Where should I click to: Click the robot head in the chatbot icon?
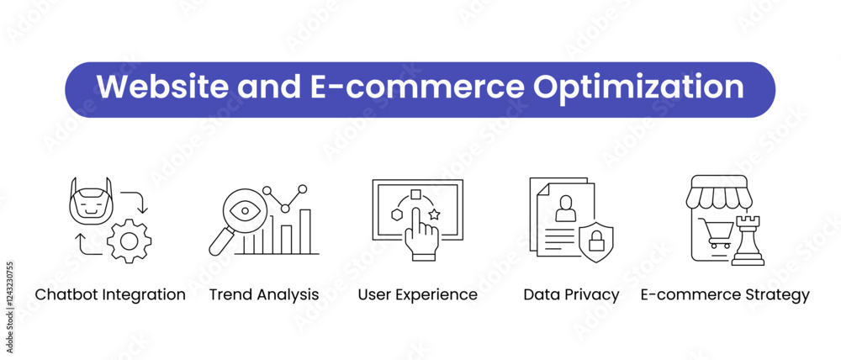click(x=91, y=201)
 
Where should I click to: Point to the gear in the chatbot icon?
click(x=129, y=241)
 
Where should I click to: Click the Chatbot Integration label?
click(x=110, y=294)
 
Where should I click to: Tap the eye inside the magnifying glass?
click(x=245, y=210)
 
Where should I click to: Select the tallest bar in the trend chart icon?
click(x=304, y=231)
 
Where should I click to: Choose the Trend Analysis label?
click(x=264, y=294)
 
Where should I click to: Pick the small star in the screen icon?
click(x=434, y=214)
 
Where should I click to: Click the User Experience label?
click(x=417, y=294)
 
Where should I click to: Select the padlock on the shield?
click(x=596, y=242)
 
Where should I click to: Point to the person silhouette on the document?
click(x=565, y=208)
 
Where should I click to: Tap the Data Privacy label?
click(x=571, y=294)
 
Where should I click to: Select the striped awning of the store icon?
click(x=719, y=192)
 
